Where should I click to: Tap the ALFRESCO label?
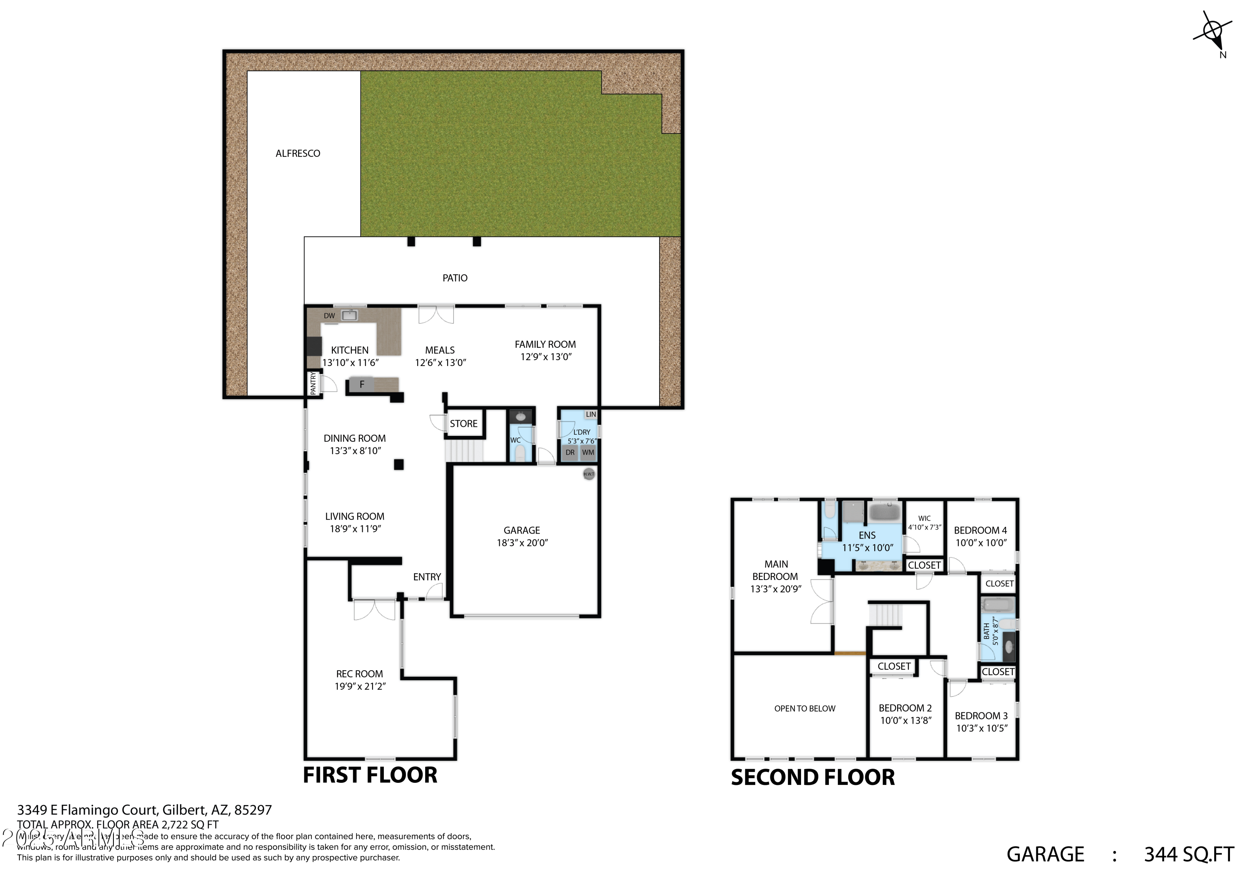pos(298,154)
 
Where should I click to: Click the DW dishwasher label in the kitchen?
pos(329,316)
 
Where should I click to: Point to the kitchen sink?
pos(349,315)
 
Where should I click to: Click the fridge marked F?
pos(362,385)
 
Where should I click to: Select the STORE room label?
pos(464,423)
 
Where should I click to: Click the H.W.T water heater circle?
pos(589,474)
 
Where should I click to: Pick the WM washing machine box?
pos(588,453)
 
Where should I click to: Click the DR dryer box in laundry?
pos(570,453)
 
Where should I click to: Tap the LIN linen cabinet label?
pos(591,414)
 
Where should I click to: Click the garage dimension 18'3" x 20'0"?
pos(522,543)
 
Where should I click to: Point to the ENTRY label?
pos(427,577)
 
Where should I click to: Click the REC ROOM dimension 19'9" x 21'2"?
pos(360,686)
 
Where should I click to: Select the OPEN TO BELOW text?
pos(804,709)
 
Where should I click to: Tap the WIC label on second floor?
pos(924,518)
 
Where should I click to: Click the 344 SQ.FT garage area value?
pos(1189,854)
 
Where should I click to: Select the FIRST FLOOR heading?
pos(370,775)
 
